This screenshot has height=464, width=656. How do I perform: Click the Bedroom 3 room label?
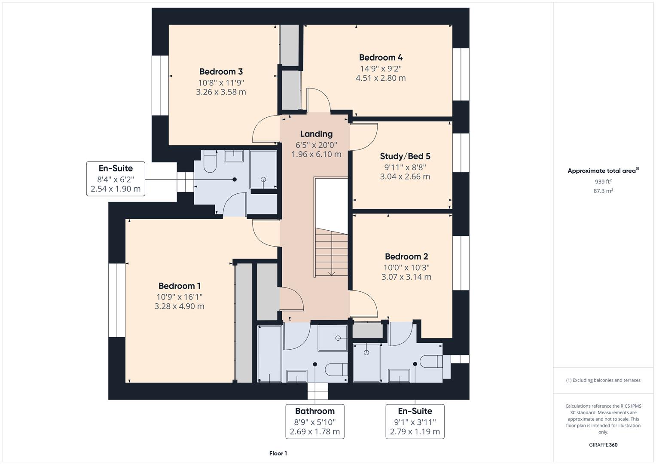(221, 72)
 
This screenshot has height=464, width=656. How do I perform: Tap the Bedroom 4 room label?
(381, 58)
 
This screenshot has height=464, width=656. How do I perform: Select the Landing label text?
(316, 134)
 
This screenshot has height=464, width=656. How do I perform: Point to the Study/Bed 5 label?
(405, 156)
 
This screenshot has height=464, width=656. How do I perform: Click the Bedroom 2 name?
(406, 257)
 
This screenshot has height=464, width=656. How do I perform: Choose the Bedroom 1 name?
(180, 286)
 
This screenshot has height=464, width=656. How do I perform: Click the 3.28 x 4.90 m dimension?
(180, 306)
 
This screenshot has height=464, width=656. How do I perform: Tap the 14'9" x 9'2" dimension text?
(381, 69)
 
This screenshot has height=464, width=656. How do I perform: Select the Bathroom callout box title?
(315, 411)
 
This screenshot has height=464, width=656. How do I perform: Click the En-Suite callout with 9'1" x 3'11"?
(415, 421)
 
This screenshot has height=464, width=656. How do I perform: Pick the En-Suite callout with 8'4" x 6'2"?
(116, 178)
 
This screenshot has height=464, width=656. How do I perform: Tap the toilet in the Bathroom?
(336, 369)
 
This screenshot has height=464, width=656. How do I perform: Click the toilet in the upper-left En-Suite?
(210, 163)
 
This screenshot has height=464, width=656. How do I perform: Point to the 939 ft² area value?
(603, 182)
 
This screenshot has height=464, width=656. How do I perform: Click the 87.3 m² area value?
(603, 191)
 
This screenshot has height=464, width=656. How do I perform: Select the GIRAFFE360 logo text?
(603, 445)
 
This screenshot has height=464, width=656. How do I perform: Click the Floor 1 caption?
(278, 453)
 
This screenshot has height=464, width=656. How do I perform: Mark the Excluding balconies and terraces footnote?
(603, 380)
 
